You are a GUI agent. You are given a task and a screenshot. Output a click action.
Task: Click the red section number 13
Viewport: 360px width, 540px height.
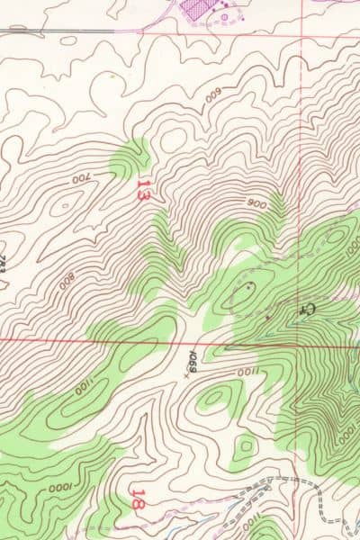tap(142, 189)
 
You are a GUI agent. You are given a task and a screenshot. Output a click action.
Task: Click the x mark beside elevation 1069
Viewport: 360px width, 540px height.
tap(186, 375)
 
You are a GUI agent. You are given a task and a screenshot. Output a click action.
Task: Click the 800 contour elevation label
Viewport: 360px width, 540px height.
tap(67, 278)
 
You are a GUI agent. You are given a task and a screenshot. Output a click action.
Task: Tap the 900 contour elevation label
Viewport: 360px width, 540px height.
tap(256, 204)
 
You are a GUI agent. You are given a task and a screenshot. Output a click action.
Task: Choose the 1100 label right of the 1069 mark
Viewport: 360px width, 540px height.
tap(246, 372)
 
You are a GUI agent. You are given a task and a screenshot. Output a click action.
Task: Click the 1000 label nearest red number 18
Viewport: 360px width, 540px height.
tap(61, 487)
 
